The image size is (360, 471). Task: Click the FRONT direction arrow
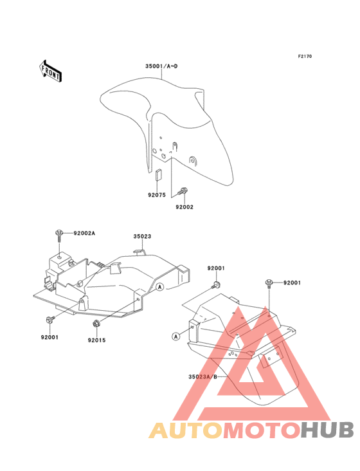[x=50, y=71]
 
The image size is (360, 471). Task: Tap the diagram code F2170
[x=305, y=56]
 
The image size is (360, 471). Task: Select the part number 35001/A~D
[x=161, y=66]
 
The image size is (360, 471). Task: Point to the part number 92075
[x=157, y=195]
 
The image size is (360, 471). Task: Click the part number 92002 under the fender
[x=184, y=207]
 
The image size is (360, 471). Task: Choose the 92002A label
[x=84, y=233]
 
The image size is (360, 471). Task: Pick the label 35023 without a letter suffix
[x=142, y=236]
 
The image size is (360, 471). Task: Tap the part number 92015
[x=96, y=340]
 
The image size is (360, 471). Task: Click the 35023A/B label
[x=203, y=376]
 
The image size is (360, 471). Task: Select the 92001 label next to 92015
[x=50, y=337]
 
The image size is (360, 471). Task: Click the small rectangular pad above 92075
[x=158, y=175]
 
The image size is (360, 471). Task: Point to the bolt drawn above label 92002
[x=182, y=191]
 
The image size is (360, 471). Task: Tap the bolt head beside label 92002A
[x=59, y=233]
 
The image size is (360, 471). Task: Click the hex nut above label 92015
[x=96, y=324]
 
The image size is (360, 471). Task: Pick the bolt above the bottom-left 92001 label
[x=50, y=320]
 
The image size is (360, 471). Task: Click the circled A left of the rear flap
[x=175, y=337]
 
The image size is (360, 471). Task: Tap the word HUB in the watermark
[x=327, y=430]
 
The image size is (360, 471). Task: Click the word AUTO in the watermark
[x=186, y=430]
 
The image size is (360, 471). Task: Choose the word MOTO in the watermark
[x=262, y=430]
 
